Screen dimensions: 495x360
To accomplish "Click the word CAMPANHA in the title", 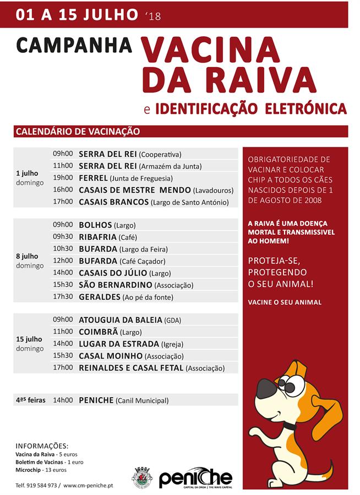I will click(74, 45).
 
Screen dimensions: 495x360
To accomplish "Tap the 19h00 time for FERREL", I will click(63, 178).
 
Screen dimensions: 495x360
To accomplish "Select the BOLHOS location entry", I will click(95, 225).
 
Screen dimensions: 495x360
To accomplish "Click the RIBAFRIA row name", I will click(98, 237).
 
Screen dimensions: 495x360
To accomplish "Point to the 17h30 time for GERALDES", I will click(63, 297).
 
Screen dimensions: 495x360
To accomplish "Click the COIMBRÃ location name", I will click(100, 332).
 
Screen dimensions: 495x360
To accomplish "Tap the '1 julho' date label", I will click(27, 173).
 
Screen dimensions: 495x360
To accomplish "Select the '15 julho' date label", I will click(30, 339).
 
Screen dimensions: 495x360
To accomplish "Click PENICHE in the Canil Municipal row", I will click(96, 401).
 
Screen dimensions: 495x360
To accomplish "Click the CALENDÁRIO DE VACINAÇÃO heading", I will click(78, 132).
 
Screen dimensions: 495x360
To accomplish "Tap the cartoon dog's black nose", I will click(265, 384).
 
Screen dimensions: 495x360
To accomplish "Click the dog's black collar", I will click(289, 425).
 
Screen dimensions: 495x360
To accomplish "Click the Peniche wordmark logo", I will click(195, 478).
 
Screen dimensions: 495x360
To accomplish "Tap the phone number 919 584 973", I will click(42, 486).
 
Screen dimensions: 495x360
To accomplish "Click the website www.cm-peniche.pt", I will click(88, 486).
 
